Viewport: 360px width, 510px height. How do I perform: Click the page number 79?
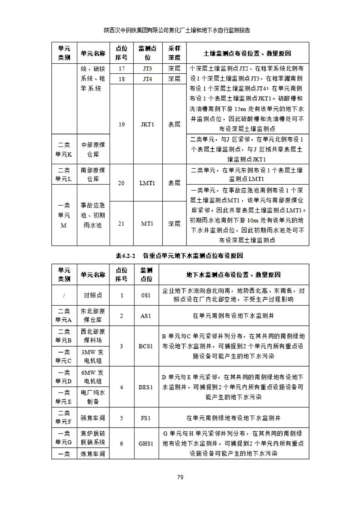pos(180,477)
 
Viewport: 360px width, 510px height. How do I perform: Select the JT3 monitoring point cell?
pos(147,69)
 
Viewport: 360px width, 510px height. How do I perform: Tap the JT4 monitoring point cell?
pos(147,79)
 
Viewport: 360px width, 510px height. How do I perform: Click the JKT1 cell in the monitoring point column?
pos(147,124)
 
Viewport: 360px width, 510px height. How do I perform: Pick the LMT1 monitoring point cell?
pos(147,183)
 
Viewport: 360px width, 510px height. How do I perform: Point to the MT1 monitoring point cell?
pos(147,223)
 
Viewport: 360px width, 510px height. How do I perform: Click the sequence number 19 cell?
pos(121,124)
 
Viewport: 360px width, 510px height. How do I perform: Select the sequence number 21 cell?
pos(121,223)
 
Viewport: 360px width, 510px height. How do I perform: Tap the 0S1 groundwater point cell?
pos(146,295)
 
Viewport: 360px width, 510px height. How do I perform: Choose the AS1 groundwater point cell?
pos(146,315)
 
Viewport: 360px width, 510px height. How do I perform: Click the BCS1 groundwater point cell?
pos(146,346)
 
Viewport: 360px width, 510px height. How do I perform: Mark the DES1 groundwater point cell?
pos(146,387)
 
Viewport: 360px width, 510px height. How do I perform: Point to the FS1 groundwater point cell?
pos(146,417)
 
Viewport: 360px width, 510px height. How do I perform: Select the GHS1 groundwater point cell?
pos(146,443)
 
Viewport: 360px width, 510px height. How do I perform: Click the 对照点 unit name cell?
pos(93,295)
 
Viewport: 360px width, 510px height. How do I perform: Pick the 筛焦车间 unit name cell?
pos(93,417)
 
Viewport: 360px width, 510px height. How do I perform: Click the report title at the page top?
pos(180,31)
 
